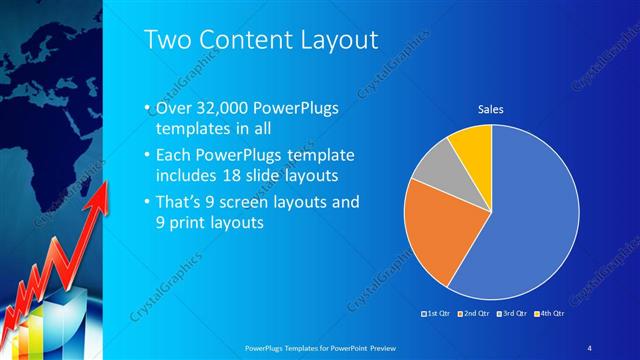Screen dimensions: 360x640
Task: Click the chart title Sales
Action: pos(489,109)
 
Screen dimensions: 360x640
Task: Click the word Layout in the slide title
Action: pos(335,40)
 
